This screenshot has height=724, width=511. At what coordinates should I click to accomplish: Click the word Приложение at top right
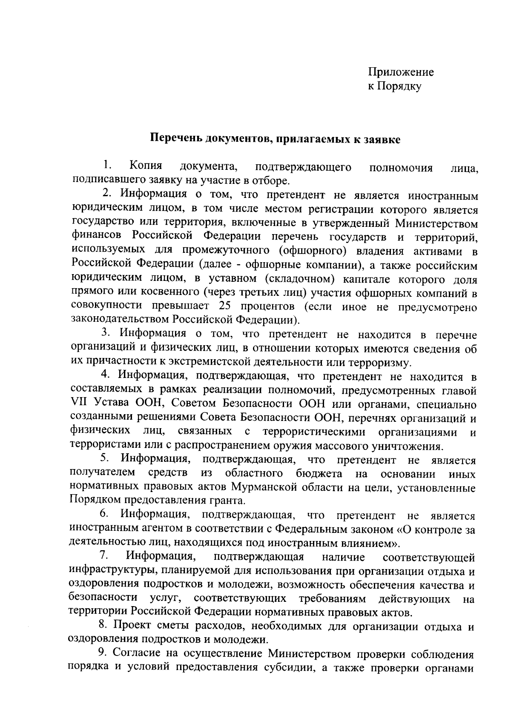coord(401,72)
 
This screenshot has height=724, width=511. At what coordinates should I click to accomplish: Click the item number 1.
coord(106,166)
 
